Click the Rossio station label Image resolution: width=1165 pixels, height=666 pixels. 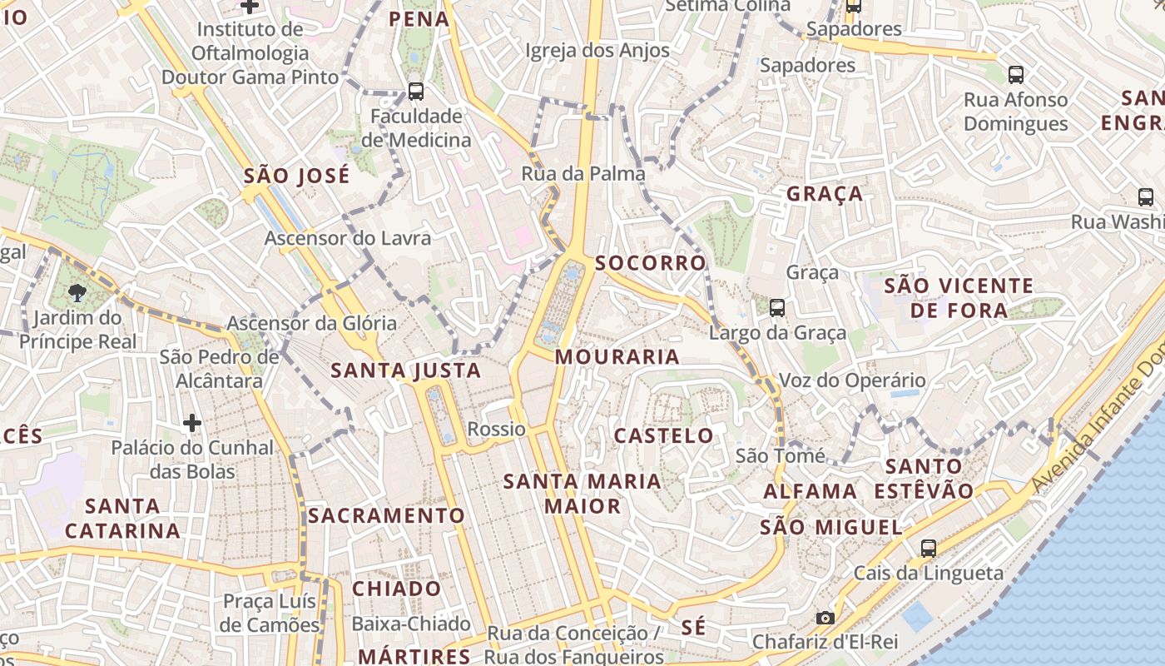pyautogui.click(x=496, y=430)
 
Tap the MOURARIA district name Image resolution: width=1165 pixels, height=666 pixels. pyautogui.click(x=617, y=357)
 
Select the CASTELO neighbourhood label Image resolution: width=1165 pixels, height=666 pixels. pyautogui.click(x=663, y=435)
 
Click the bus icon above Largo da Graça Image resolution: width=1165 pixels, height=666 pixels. pyautogui.click(x=777, y=308)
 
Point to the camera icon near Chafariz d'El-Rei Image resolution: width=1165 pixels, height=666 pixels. pyautogui.click(x=825, y=618)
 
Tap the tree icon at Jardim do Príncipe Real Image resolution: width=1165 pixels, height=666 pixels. pyautogui.click(x=77, y=292)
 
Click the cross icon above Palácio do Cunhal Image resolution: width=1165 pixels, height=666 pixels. pyautogui.click(x=192, y=423)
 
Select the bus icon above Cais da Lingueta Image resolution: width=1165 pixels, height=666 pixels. pyautogui.click(x=929, y=549)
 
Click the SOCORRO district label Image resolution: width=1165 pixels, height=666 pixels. pyautogui.click(x=650, y=263)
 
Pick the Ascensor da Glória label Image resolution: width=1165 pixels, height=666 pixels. pyautogui.click(x=312, y=323)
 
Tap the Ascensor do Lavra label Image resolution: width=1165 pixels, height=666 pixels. pyautogui.click(x=348, y=239)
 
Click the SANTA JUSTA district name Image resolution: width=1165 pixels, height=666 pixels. pyautogui.click(x=406, y=370)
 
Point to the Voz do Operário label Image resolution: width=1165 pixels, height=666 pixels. pyautogui.click(x=852, y=381)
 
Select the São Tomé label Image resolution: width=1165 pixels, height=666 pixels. pyautogui.click(x=781, y=456)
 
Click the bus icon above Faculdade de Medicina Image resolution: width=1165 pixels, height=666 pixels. pyautogui.click(x=416, y=92)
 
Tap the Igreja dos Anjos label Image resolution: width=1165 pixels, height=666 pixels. pyautogui.click(x=597, y=51)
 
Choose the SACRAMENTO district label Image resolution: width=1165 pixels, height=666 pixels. pyautogui.click(x=386, y=515)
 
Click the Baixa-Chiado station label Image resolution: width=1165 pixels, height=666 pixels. pyautogui.click(x=411, y=624)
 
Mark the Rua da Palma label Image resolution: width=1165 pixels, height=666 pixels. pyautogui.click(x=583, y=174)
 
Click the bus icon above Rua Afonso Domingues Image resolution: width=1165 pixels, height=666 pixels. pyautogui.click(x=1016, y=75)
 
